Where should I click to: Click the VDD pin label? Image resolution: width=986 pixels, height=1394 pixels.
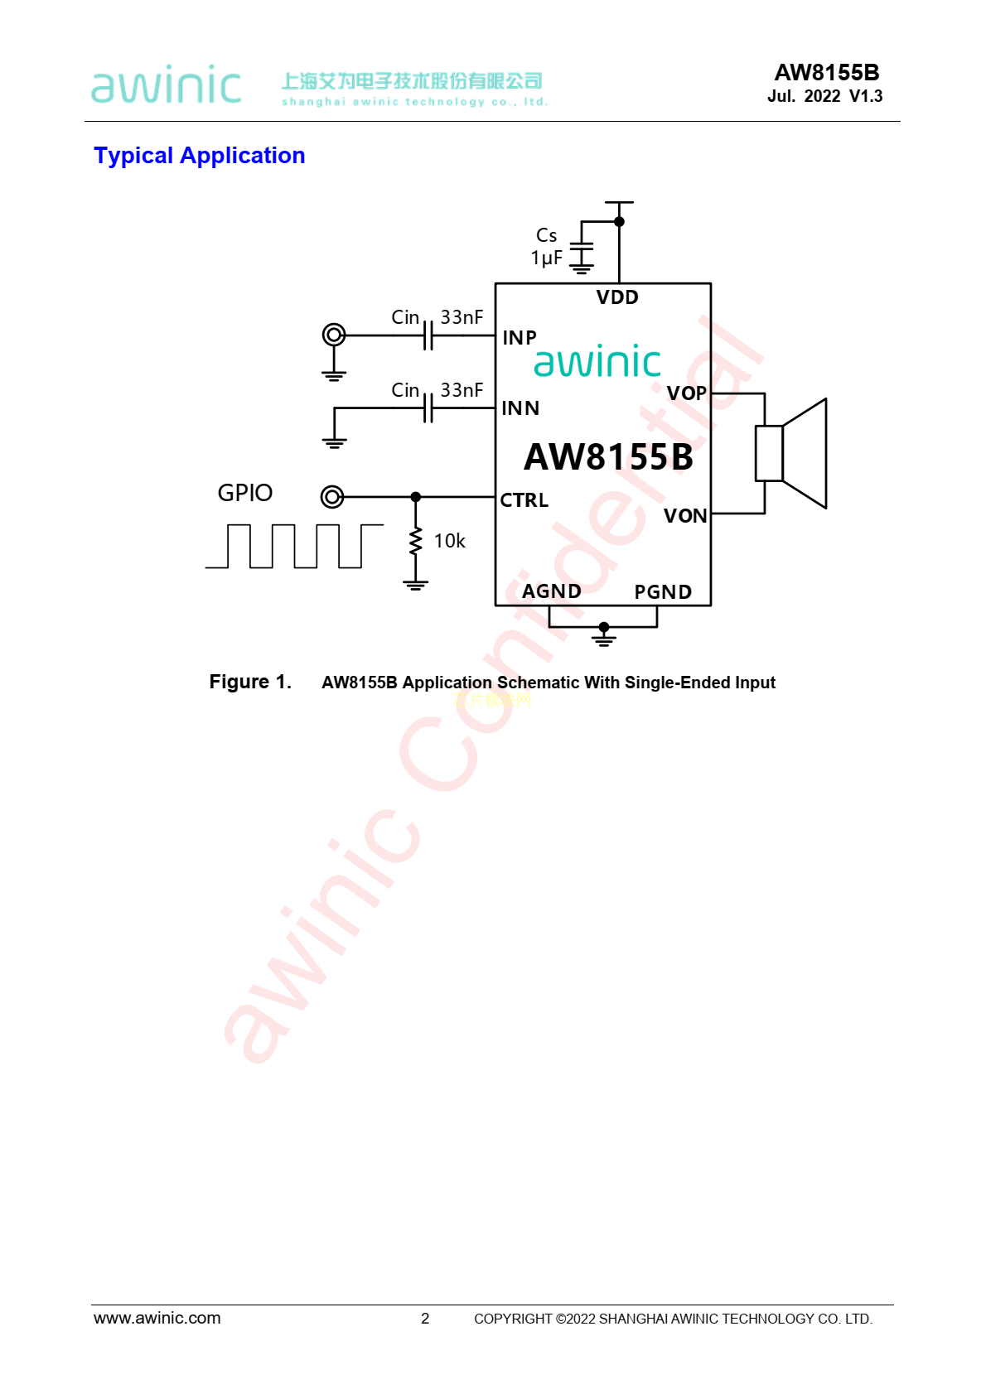click(x=617, y=297)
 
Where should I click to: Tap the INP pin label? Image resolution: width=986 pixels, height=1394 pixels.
click(x=520, y=338)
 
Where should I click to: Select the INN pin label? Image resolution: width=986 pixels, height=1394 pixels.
click(x=520, y=408)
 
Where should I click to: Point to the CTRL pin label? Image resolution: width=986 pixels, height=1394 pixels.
click(x=524, y=500)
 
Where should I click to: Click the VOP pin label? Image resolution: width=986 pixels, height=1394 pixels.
click(x=687, y=393)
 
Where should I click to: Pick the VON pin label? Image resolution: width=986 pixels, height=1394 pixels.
click(x=685, y=516)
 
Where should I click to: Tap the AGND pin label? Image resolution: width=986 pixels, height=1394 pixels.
click(x=552, y=591)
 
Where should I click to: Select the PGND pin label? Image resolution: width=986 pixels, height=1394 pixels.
click(x=663, y=592)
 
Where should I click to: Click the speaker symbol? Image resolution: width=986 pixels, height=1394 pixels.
click(x=791, y=453)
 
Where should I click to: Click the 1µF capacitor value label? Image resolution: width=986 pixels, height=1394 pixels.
click(x=547, y=258)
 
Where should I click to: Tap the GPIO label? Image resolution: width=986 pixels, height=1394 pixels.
click(x=245, y=493)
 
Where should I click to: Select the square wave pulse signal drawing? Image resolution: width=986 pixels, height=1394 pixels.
click(x=294, y=546)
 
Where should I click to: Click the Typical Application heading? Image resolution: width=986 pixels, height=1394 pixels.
click(x=200, y=156)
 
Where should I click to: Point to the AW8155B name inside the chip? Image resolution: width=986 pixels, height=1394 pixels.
click(x=608, y=457)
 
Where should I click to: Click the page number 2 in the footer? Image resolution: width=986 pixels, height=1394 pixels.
click(x=425, y=1319)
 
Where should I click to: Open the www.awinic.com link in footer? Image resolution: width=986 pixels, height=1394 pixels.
click(x=157, y=1318)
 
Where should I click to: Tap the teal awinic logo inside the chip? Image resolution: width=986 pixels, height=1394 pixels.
click(x=597, y=362)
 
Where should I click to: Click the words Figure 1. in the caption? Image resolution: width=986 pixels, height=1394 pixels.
click(x=250, y=682)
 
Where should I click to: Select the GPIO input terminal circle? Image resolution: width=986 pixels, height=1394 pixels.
click(x=332, y=497)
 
